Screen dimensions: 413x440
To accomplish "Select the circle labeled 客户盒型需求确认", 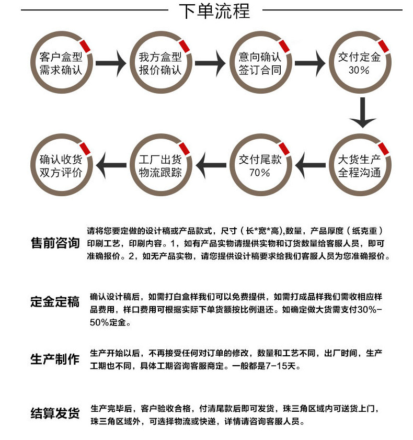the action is pos(61,63).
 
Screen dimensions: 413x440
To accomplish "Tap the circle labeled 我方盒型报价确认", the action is pos(160,63).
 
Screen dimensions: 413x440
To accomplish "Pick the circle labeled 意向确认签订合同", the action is pos(260,63).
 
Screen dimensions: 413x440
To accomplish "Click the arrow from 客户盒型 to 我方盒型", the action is pos(111,63).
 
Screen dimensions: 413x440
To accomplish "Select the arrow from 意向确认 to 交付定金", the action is pos(309,63).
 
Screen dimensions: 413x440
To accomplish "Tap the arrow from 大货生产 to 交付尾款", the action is pos(311,166).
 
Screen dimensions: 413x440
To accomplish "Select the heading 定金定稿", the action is pos(55,302).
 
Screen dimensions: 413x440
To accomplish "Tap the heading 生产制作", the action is pos(55,359).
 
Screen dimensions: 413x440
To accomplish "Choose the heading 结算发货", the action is pos(55,414).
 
